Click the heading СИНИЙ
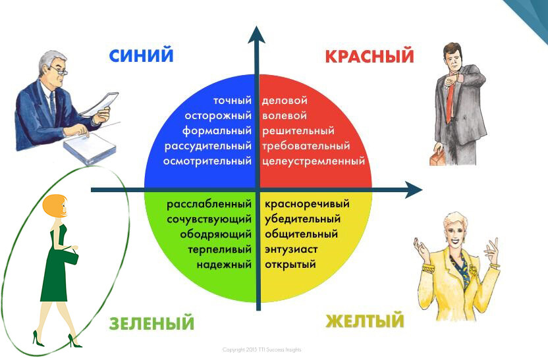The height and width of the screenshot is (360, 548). coord(141,55)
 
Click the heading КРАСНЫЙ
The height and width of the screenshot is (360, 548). coord(370,56)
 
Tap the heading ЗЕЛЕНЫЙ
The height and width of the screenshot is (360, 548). coord(151,323)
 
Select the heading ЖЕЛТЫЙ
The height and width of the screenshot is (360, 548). coord(364,321)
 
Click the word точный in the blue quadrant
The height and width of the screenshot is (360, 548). coord(233,101)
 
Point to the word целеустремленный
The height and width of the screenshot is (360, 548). coord(314,161)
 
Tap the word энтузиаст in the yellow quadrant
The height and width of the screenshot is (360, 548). coord(291,249)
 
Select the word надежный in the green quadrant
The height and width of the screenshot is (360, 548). coord(224,265)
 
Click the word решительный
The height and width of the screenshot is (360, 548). coord(298,131)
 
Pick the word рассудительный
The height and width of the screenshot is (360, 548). coord(208,146)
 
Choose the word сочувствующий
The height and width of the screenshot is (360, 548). coord(209,219)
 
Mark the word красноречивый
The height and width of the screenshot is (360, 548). coord(307,204)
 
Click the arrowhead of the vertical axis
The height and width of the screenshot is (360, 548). coord(256,35)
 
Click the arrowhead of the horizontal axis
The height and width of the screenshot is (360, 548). coord(414,190)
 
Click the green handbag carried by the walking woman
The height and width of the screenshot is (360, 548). coord(70,257)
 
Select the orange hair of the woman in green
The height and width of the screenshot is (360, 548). coord(54,205)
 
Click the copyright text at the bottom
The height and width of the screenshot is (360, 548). coord(261,349)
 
